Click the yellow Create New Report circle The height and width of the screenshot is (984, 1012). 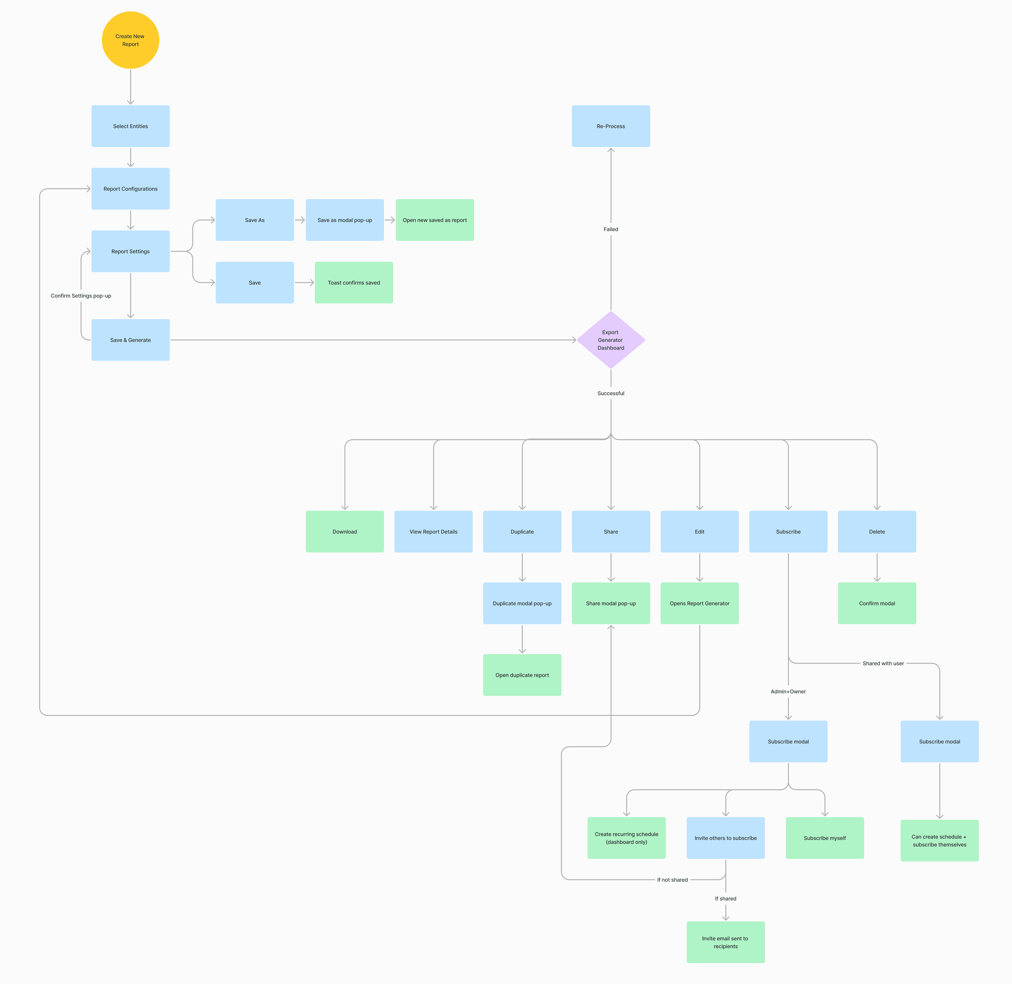130,40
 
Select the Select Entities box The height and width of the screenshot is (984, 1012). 130,126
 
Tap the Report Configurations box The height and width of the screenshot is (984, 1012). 130,189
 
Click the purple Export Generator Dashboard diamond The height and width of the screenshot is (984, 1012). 611,340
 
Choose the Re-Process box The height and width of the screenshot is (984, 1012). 611,126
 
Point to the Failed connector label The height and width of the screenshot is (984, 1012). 611,229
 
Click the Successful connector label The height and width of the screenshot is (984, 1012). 611,393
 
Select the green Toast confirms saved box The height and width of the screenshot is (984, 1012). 354,283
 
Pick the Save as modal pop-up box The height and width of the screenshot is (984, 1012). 344,220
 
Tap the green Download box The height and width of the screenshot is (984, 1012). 344,532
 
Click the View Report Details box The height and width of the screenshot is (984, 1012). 433,532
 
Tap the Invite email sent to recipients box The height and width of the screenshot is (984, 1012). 725,942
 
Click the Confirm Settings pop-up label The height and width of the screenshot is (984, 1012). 81,296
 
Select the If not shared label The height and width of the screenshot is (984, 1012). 672,880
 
